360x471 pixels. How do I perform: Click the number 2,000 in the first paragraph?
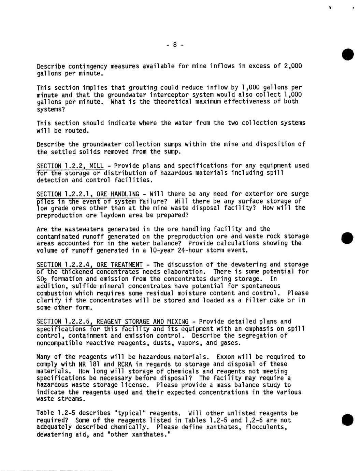tap(293, 66)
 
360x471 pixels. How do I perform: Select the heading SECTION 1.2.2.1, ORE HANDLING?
tap(88, 194)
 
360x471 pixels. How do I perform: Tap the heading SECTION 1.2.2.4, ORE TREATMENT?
tap(89, 265)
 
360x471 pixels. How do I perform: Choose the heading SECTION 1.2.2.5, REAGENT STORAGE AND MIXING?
tap(112, 322)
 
